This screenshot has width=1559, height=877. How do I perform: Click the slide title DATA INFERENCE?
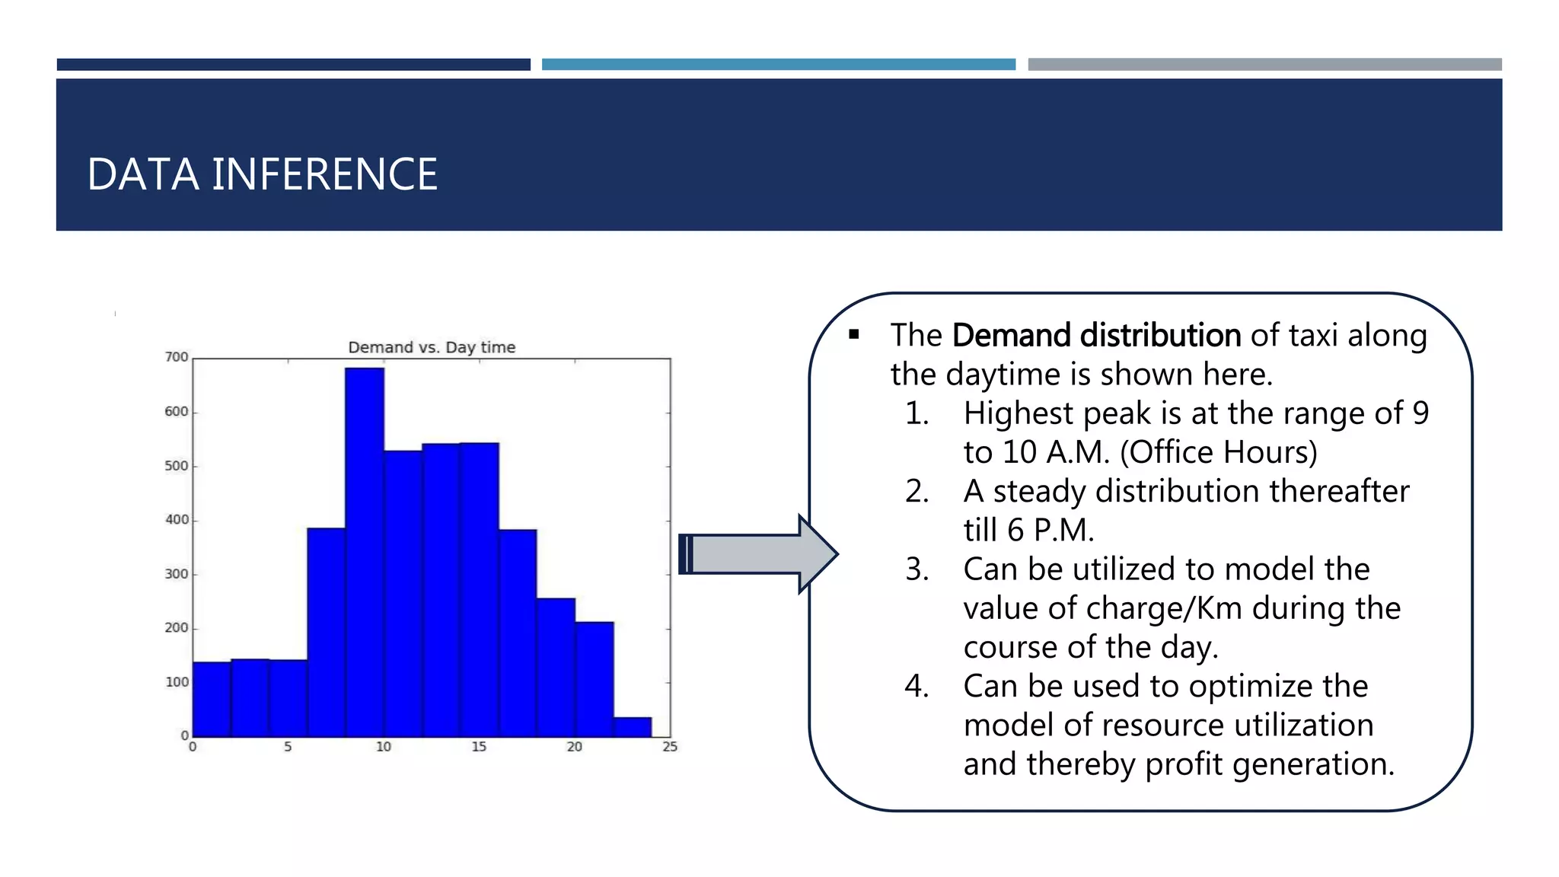(x=262, y=174)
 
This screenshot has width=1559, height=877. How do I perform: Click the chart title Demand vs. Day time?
(x=432, y=347)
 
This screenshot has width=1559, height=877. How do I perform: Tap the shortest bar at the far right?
(x=633, y=727)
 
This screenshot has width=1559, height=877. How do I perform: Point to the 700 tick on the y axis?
(x=177, y=357)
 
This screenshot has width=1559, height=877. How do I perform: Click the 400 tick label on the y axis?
(x=177, y=520)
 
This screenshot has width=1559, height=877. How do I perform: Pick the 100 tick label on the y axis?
(x=177, y=682)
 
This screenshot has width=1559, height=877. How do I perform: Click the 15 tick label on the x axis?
(x=479, y=747)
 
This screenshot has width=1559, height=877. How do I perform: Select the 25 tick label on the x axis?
(x=670, y=747)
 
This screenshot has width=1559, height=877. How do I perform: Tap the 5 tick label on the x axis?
(x=288, y=747)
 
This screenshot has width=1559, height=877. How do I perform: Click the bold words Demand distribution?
(x=1096, y=336)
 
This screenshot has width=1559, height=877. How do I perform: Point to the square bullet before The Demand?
(x=854, y=334)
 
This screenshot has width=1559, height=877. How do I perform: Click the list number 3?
(x=917, y=569)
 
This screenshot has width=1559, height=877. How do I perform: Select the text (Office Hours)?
(x=1218, y=452)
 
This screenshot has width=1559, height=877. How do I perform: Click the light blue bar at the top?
(x=778, y=65)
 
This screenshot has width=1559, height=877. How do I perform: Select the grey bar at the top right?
(x=1264, y=65)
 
